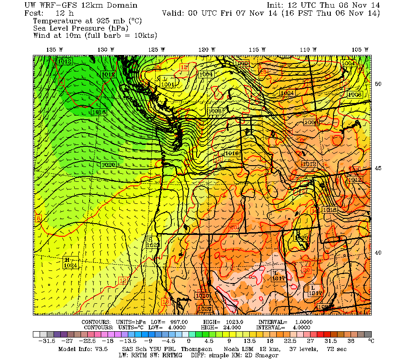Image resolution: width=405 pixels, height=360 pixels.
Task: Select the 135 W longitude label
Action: coord(54,49)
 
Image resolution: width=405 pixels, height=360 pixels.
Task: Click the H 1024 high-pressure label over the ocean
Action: coord(70,263)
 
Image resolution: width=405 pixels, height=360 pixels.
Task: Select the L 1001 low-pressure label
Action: coord(167,81)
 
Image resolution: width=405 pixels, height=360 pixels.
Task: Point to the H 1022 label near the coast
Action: coord(153,242)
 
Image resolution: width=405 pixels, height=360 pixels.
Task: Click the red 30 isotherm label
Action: coord(306,270)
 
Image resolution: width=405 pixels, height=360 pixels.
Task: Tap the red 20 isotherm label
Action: coord(234,227)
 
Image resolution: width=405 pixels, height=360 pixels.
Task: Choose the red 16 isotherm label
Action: coord(166,301)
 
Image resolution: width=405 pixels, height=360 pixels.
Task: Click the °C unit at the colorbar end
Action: coord(371,342)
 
